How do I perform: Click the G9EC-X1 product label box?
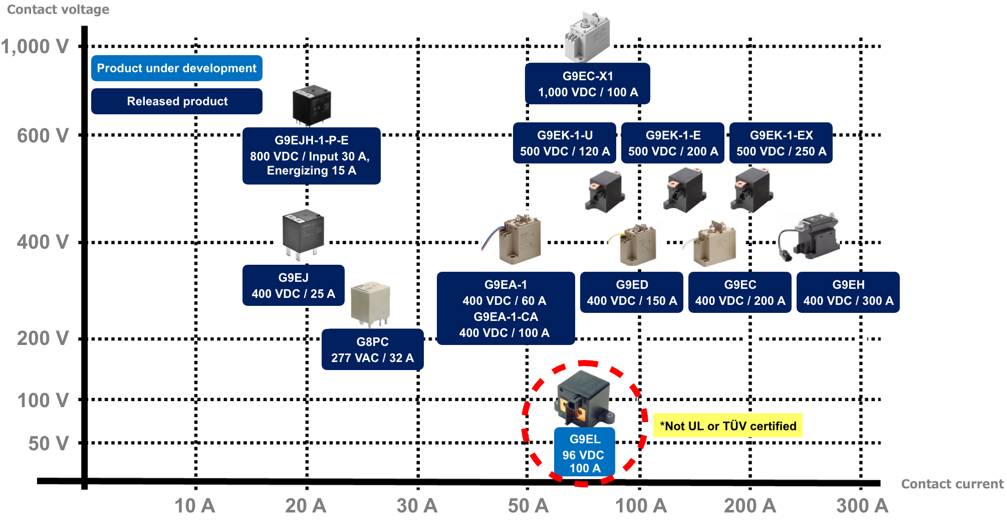point(587,84)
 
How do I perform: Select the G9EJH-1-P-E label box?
point(311,155)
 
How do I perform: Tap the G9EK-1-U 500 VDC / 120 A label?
point(564,143)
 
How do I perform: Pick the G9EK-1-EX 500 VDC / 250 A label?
point(781,143)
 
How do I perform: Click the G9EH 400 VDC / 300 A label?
point(848,292)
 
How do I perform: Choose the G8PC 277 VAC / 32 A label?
point(372,349)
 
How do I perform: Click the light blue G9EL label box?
point(584,453)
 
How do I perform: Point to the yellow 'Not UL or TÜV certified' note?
point(727,426)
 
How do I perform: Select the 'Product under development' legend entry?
point(176,68)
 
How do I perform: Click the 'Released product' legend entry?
point(176,101)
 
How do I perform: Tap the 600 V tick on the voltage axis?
point(43,135)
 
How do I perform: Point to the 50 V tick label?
point(48,443)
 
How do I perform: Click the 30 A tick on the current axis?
point(417,505)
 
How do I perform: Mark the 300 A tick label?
point(862,505)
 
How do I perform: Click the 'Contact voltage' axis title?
point(58,10)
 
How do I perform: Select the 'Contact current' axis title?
point(952,484)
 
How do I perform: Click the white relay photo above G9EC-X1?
point(587,38)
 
